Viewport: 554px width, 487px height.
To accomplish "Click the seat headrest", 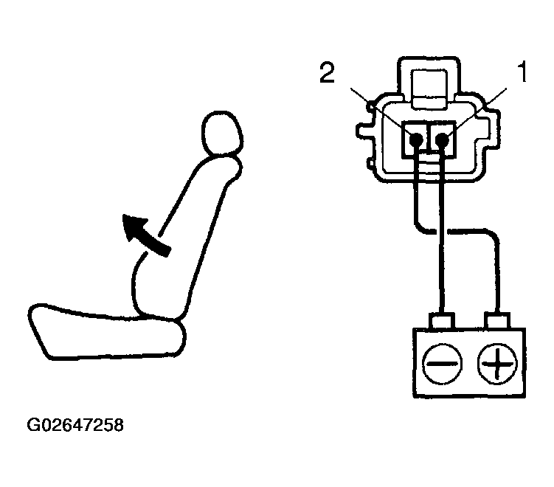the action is click(x=222, y=134).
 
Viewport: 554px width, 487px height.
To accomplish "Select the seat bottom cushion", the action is click(x=106, y=332).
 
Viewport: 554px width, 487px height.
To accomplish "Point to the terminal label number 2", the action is click(x=328, y=72).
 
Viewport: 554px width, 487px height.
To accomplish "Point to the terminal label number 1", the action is click(x=522, y=72).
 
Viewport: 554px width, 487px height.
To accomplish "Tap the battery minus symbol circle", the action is click(x=442, y=363).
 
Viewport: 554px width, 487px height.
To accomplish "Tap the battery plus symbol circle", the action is click(x=497, y=363).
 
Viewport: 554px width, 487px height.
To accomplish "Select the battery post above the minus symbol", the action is click(x=442, y=320).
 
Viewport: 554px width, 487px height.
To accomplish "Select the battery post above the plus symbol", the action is click(x=498, y=320).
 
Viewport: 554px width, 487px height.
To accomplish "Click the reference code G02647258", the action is click(x=75, y=425).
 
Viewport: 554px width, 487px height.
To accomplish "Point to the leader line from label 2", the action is click(x=382, y=111).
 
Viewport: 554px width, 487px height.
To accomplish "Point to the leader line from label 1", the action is click(x=478, y=111).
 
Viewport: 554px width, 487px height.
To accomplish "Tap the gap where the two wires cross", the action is click(x=442, y=232).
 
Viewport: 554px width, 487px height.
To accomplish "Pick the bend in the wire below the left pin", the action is click(x=420, y=228).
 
